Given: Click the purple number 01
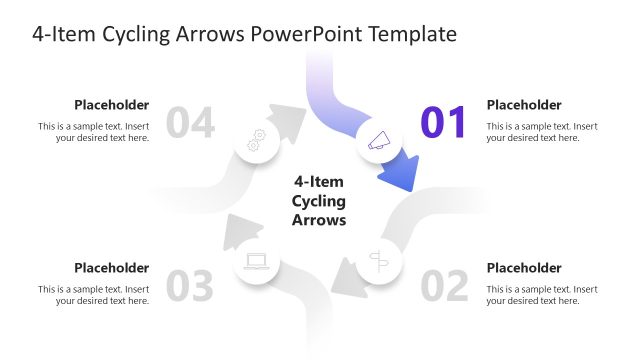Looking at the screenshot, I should (444, 122).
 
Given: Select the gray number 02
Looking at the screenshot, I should (444, 286).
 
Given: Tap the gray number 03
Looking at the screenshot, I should (190, 286).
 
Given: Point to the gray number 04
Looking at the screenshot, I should (190, 122).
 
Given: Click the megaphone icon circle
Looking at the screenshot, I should (379, 142).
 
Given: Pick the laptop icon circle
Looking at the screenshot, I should (256, 262).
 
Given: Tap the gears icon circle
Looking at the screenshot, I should (256, 141).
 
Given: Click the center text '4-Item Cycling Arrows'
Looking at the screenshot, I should (318, 201).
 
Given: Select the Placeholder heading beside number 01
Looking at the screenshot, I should (524, 104).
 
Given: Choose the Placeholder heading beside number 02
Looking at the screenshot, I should (524, 267).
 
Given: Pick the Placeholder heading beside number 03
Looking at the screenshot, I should (112, 267).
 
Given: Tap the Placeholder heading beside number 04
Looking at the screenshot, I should (112, 104).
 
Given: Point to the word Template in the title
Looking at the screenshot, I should (412, 34).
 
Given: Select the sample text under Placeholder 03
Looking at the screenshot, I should (94, 295).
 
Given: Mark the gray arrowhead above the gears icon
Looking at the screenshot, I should (290, 120).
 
